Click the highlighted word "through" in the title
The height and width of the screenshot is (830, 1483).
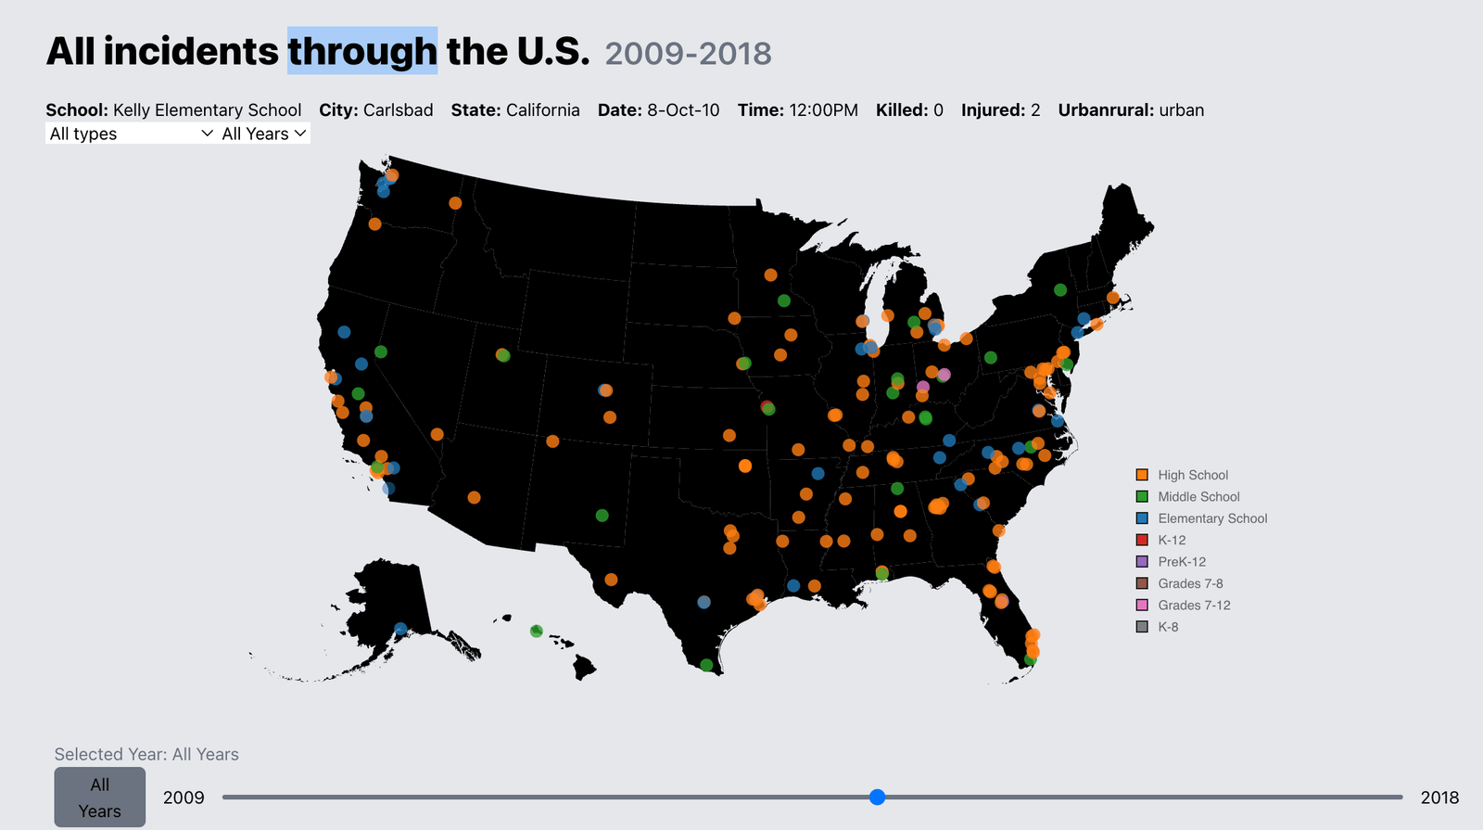(x=361, y=51)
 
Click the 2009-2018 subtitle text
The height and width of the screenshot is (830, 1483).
(x=688, y=54)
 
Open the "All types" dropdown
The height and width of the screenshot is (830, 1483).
(x=131, y=134)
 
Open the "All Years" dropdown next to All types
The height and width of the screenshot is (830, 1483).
(x=264, y=134)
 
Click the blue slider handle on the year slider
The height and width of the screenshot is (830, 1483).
(x=877, y=797)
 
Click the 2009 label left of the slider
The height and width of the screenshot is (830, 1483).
(x=184, y=798)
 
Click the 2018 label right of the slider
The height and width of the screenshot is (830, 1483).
(x=1439, y=798)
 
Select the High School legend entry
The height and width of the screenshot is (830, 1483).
(x=1192, y=475)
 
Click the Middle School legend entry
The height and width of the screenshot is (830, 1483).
(x=1198, y=497)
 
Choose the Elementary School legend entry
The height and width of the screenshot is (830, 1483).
(x=1211, y=518)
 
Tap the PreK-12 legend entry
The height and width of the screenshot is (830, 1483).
(x=1181, y=562)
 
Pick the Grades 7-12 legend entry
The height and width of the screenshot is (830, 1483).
(x=1193, y=606)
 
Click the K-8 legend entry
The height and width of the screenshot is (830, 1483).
(x=1168, y=627)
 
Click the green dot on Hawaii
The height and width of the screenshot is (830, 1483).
(x=536, y=632)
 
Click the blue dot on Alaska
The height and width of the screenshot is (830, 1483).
(x=400, y=629)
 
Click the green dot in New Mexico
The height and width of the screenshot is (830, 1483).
(x=602, y=516)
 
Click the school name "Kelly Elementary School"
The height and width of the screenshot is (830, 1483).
(x=207, y=110)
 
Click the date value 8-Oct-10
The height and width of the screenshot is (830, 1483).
(x=683, y=110)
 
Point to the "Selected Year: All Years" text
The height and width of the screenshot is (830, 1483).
(x=146, y=754)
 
